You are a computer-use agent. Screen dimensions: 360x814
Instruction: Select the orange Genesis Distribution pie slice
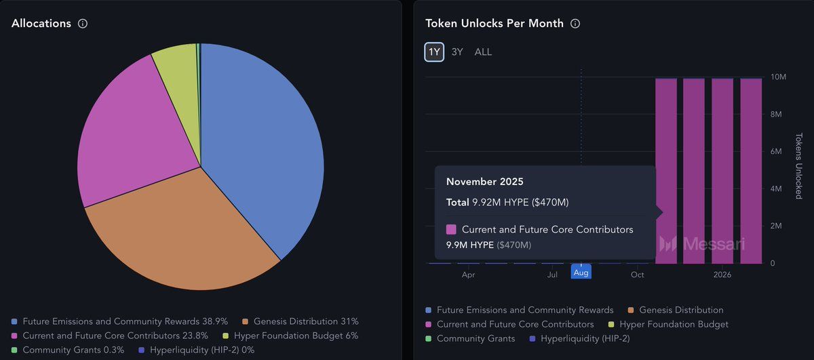click(183, 231)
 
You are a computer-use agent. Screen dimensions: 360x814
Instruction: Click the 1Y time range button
click(434, 52)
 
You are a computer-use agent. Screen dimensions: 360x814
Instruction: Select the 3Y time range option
click(457, 52)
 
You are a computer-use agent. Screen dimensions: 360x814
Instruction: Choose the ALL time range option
click(483, 52)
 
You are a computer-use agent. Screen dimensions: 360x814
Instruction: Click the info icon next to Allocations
click(83, 24)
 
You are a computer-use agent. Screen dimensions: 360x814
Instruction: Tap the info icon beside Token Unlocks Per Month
click(575, 24)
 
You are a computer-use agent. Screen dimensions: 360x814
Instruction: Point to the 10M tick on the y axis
click(779, 77)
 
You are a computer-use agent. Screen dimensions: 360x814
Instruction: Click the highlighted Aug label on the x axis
click(581, 273)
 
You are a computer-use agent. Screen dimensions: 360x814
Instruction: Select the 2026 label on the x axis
click(722, 275)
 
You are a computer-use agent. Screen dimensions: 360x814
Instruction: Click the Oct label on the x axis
click(637, 275)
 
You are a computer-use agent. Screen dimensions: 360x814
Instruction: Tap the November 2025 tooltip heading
click(484, 182)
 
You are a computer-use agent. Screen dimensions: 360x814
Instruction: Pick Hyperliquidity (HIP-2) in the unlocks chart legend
click(580, 338)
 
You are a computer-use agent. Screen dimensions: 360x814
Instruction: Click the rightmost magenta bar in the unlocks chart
click(751, 169)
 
